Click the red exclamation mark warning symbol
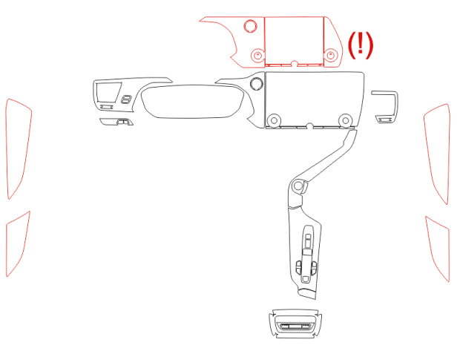(x=361, y=45)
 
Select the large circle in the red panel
(x=251, y=26)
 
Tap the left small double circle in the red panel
(x=258, y=55)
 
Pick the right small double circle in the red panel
(x=331, y=55)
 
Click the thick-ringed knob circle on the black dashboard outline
(x=257, y=83)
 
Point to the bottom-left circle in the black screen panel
(x=274, y=120)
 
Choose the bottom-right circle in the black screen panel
(x=346, y=120)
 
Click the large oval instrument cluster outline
(x=192, y=101)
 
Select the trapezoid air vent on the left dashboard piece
(x=108, y=92)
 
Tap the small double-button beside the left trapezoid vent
(x=126, y=99)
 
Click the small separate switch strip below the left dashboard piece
(x=116, y=122)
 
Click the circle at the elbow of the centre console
(x=298, y=186)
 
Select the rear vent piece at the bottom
(x=295, y=324)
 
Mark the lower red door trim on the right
(x=438, y=248)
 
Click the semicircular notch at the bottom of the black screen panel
(x=309, y=126)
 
